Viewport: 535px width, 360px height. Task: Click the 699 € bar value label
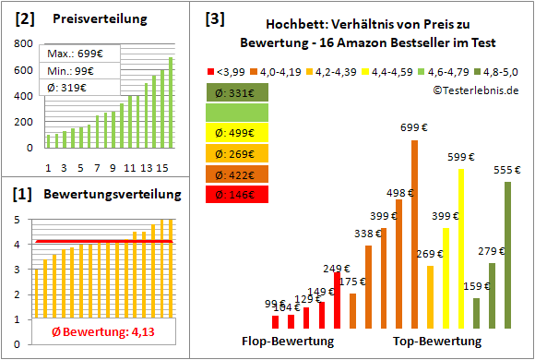(414, 127)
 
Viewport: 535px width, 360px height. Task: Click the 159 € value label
(476, 287)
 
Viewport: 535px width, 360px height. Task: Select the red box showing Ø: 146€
(237, 195)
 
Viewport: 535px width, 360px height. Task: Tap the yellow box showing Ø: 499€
(237, 133)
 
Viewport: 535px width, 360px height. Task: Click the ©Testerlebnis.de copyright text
(475, 90)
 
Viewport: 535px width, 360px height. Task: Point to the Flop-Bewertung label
(288, 341)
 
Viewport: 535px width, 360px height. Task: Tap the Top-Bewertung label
(437, 341)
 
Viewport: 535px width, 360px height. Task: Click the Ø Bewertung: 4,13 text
(101, 332)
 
